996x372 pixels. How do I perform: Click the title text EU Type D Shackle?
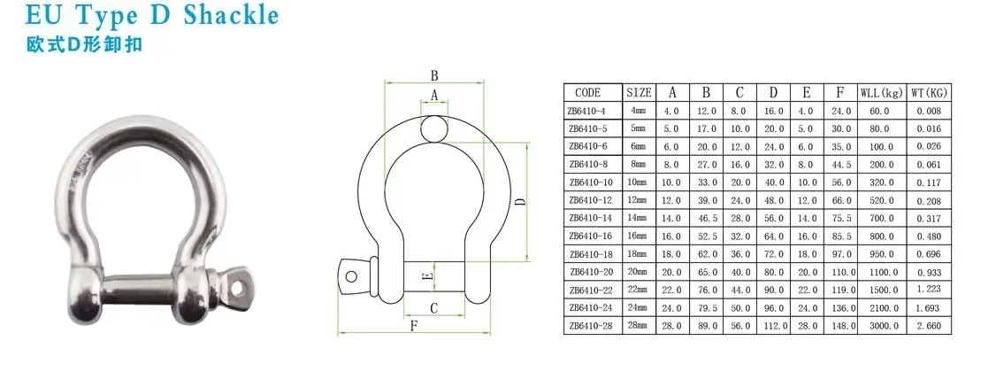tap(141, 16)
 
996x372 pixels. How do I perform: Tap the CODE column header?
tap(587, 92)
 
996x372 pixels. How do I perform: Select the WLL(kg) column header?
tap(880, 92)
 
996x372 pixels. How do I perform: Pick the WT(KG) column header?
tap(930, 92)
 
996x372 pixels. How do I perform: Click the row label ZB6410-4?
tap(587, 111)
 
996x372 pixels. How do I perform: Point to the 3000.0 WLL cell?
tap(880, 326)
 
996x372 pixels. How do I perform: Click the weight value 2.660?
tap(930, 326)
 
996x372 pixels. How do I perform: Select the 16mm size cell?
tap(638, 236)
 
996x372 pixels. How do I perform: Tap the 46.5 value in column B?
tap(707, 219)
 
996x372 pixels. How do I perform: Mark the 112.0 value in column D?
tap(773, 326)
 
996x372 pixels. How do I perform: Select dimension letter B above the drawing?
tap(434, 75)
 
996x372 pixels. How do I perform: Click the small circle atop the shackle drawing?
tap(433, 128)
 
